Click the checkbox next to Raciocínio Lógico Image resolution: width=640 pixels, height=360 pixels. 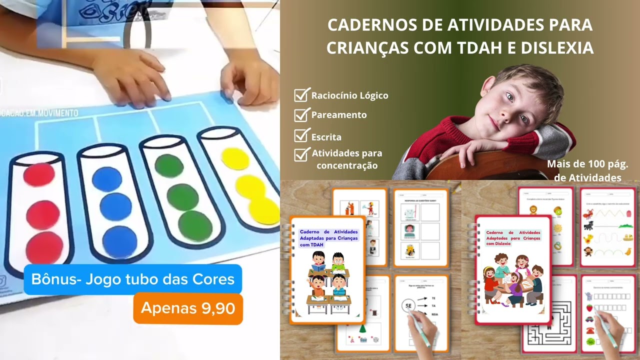pyautogui.click(x=301, y=95)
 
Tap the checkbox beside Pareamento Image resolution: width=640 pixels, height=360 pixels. pyautogui.click(x=301, y=115)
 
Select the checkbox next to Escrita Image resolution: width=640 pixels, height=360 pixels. pyautogui.click(x=301, y=136)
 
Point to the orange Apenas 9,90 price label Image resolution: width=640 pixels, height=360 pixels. pyautogui.click(x=188, y=308)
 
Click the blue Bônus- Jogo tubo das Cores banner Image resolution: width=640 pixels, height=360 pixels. pyautogui.click(x=133, y=279)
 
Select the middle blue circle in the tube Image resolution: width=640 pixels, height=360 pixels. pyautogui.click(x=115, y=206)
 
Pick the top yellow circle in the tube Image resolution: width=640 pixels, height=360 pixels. pyautogui.click(x=235, y=158)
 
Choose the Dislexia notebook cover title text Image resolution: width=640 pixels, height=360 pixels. pyautogui.click(x=512, y=238)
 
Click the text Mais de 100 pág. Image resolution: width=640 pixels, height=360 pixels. pyautogui.click(x=587, y=164)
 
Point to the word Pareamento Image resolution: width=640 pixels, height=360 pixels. pyautogui.click(x=339, y=115)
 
